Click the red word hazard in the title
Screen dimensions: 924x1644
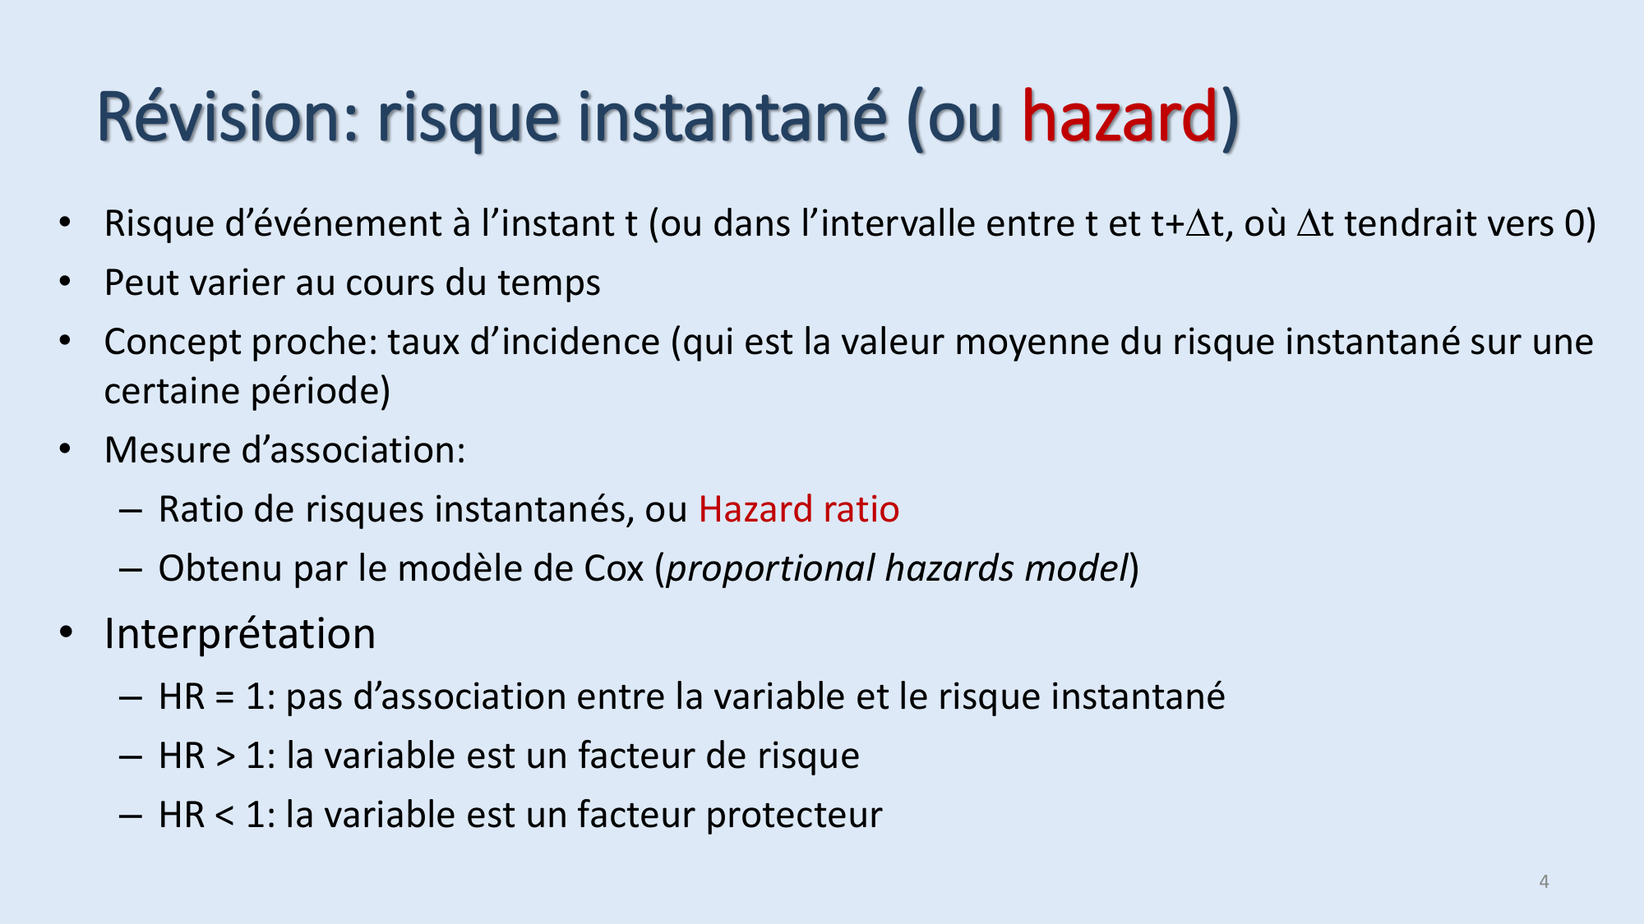(1119, 117)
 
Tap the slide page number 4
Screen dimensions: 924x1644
(1544, 881)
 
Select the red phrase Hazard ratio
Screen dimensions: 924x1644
(799, 509)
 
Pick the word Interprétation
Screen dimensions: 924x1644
(240, 634)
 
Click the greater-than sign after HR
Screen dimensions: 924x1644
(225, 756)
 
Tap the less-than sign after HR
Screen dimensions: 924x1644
(225, 816)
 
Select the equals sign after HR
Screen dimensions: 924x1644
(225, 697)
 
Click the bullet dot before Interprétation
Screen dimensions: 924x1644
(66, 633)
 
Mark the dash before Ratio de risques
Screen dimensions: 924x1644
(131, 510)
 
